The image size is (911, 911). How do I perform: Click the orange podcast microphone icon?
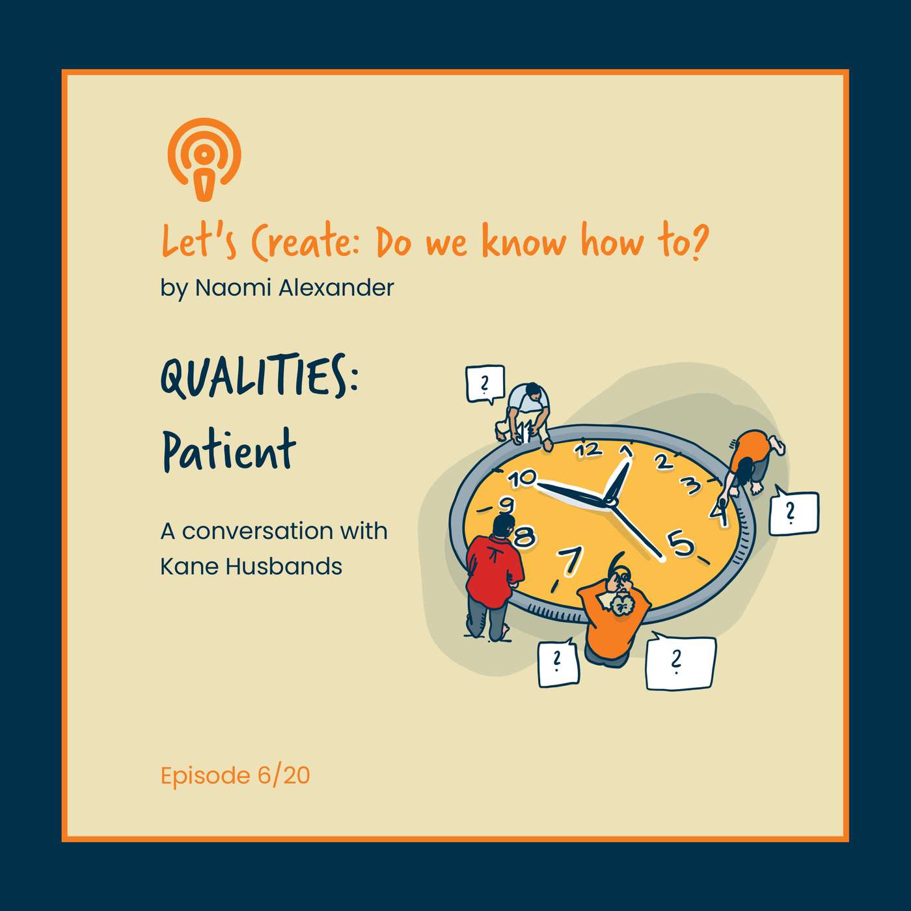click(x=204, y=159)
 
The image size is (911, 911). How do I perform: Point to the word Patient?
click(x=228, y=450)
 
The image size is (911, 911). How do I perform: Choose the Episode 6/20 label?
click(x=235, y=776)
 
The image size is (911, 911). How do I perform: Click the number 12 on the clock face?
click(x=589, y=450)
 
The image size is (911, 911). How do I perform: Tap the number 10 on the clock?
click(x=522, y=479)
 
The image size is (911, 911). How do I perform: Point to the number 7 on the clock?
click(x=570, y=561)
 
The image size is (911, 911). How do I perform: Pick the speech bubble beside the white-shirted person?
click(x=485, y=385)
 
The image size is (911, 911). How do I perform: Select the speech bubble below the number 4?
click(x=793, y=513)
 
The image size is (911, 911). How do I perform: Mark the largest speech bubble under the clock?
click(x=680, y=662)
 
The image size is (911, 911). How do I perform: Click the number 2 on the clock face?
click(x=663, y=461)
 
